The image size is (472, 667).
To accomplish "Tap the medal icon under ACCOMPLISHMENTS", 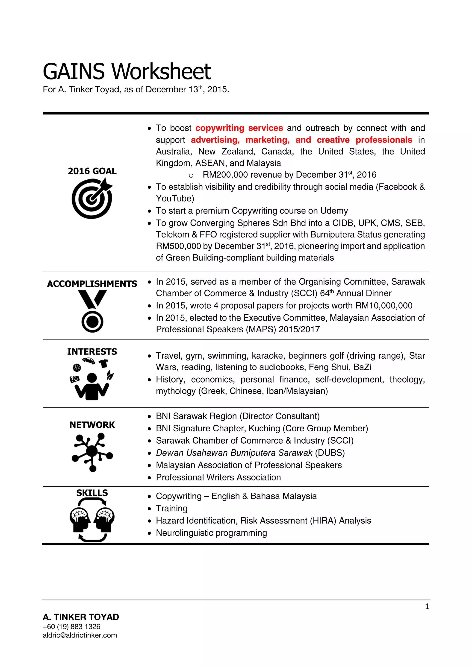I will (92, 311).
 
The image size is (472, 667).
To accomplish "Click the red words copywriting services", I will (239, 128).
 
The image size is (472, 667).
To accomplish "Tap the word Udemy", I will (334, 211).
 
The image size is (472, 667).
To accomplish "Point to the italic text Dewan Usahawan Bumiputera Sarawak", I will (234, 453).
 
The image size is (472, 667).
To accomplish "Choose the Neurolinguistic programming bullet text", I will (211, 533).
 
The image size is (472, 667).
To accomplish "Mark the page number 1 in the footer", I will (427, 607).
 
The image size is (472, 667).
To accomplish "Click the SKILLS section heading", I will (92, 493).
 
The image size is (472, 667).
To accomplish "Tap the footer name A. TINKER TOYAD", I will (81, 617).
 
